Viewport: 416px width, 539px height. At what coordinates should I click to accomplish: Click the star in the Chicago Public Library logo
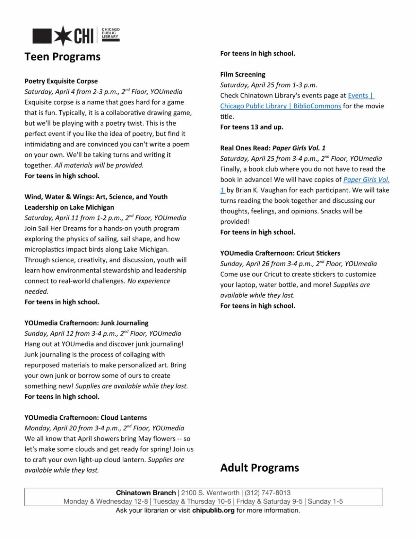tap(63, 36)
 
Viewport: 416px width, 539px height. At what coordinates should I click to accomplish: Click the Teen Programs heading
tap(62, 57)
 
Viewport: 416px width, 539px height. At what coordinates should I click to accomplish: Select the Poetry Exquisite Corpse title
tap(61, 81)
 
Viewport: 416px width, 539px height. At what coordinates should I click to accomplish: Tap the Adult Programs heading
tap(259, 468)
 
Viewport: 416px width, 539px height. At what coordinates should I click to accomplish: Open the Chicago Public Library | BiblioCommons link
tap(280, 106)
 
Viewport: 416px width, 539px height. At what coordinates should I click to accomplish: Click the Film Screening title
tap(243, 75)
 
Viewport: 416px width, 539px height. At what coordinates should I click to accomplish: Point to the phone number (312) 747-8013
tap(268, 493)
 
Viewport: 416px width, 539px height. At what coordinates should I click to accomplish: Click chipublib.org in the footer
tap(213, 511)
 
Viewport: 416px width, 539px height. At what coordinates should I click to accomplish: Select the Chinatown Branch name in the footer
tap(146, 493)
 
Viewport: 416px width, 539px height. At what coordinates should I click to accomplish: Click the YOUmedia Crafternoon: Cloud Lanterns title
tap(86, 418)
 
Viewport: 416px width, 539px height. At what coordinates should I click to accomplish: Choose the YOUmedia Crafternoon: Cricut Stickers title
tap(280, 253)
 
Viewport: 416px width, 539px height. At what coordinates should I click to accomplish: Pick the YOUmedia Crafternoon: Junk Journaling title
tap(86, 323)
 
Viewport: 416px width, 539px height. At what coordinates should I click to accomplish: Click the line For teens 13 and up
tap(252, 127)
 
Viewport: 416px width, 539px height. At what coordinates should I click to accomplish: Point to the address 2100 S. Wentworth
tap(210, 493)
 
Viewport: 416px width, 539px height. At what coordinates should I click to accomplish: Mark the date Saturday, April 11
tap(47, 218)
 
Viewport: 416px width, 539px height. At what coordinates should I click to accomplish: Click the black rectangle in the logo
tap(42, 36)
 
